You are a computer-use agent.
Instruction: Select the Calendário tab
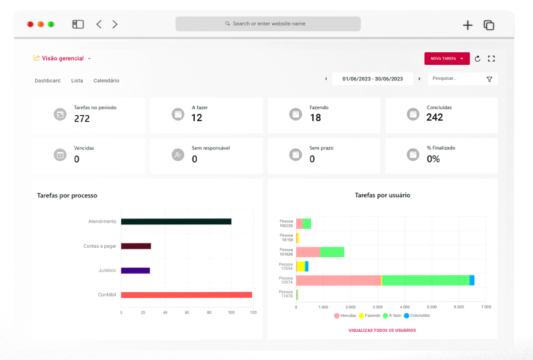click(x=106, y=80)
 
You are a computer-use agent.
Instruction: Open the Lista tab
click(x=77, y=80)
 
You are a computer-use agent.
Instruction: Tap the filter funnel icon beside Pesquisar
click(x=489, y=79)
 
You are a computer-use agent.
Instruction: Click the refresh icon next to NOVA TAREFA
click(x=477, y=59)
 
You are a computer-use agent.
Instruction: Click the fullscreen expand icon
click(x=492, y=59)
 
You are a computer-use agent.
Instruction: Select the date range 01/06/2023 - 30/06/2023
click(x=372, y=79)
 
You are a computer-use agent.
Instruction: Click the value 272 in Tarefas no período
click(x=82, y=119)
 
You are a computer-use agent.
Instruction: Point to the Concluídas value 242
click(x=435, y=118)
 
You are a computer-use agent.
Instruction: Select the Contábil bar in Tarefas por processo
click(x=186, y=295)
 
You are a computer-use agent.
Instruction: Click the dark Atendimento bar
click(x=176, y=221)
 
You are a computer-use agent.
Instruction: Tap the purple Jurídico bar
click(x=135, y=271)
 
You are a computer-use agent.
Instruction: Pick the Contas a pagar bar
click(x=135, y=246)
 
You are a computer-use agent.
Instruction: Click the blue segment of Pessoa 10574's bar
click(x=472, y=280)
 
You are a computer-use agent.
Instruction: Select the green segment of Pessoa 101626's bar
click(x=332, y=252)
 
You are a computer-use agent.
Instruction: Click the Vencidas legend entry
click(x=345, y=316)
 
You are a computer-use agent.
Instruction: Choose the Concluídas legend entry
click(x=417, y=316)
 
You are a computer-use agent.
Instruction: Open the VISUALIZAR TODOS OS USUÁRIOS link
click(x=382, y=331)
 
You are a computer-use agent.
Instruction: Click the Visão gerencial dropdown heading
click(x=62, y=58)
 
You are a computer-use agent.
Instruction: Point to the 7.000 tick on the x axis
click(x=486, y=307)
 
